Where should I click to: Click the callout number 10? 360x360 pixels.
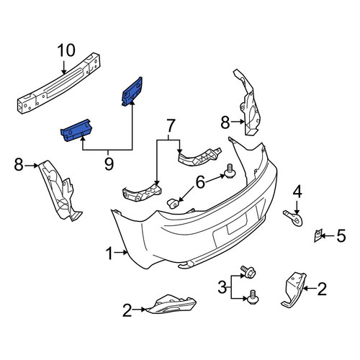[66, 50]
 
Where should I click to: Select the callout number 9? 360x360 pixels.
[109, 163]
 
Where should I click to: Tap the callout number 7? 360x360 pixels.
[169, 125]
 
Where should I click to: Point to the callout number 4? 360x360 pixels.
[297, 192]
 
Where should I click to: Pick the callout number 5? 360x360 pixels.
[341, 235]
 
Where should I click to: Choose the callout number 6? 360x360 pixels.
[200, 182]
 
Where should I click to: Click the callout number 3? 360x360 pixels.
[222, 287]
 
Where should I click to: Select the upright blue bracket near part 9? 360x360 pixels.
[132, 91]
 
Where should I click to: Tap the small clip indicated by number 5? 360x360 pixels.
[318, 235]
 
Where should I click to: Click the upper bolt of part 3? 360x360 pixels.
[248, 272]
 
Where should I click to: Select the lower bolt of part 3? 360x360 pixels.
[253, 297]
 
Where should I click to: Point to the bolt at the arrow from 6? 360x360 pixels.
[230, 171]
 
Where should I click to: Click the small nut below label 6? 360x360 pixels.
[173, 204]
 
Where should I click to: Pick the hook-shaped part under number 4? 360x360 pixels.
[294, 218]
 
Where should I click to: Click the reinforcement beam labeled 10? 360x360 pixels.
[59, 83]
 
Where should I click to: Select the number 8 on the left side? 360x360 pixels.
[19, 165]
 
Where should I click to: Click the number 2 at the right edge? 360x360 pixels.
[322, 289]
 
